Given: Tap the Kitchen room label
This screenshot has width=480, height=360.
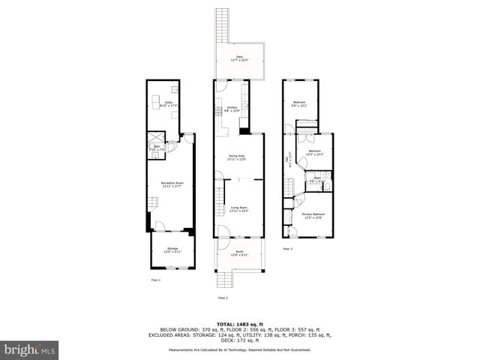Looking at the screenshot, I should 232,109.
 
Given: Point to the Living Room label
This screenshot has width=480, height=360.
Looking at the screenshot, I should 238,210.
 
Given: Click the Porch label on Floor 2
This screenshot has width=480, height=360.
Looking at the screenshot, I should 239,253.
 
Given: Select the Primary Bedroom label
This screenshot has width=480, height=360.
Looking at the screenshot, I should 312,216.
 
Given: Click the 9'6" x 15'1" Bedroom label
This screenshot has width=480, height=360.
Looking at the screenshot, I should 299,104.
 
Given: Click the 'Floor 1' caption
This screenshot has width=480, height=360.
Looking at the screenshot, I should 155,280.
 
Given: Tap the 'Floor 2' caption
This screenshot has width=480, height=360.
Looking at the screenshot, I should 223,298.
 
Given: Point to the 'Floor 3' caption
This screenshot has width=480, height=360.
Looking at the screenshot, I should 288,248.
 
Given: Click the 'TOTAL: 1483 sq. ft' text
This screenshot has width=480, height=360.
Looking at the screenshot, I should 240,323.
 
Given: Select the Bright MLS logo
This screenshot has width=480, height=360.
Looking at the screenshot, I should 30,349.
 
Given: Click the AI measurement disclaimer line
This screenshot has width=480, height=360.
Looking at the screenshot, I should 240,349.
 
